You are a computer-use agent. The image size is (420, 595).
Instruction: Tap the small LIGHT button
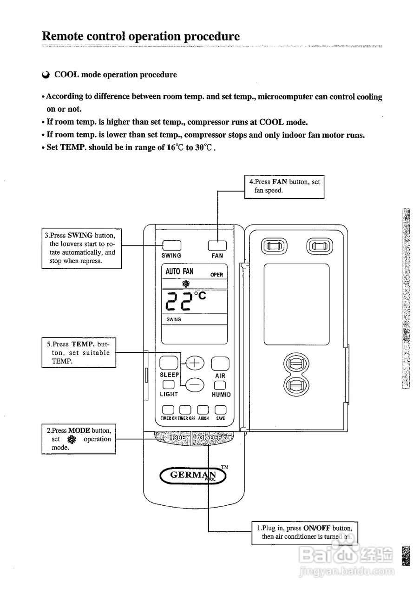168,385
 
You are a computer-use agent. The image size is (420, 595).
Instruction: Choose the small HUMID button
220,385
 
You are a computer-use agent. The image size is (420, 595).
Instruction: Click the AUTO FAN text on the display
179,271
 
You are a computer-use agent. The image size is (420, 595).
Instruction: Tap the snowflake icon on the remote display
186,284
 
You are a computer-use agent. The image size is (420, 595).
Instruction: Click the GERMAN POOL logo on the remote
193,475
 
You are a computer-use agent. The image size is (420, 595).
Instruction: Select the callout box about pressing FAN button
284,186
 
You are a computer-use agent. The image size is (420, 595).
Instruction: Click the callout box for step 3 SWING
82,248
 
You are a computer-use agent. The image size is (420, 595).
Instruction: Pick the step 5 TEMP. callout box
78,353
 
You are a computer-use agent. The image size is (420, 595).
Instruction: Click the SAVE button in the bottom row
220,410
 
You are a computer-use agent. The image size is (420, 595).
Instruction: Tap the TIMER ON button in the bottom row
168,410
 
